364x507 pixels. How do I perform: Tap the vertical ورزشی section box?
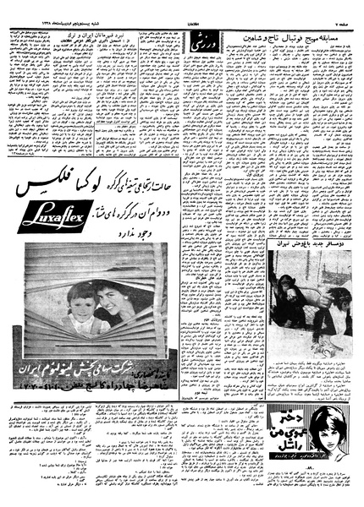(x=216, y=41)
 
